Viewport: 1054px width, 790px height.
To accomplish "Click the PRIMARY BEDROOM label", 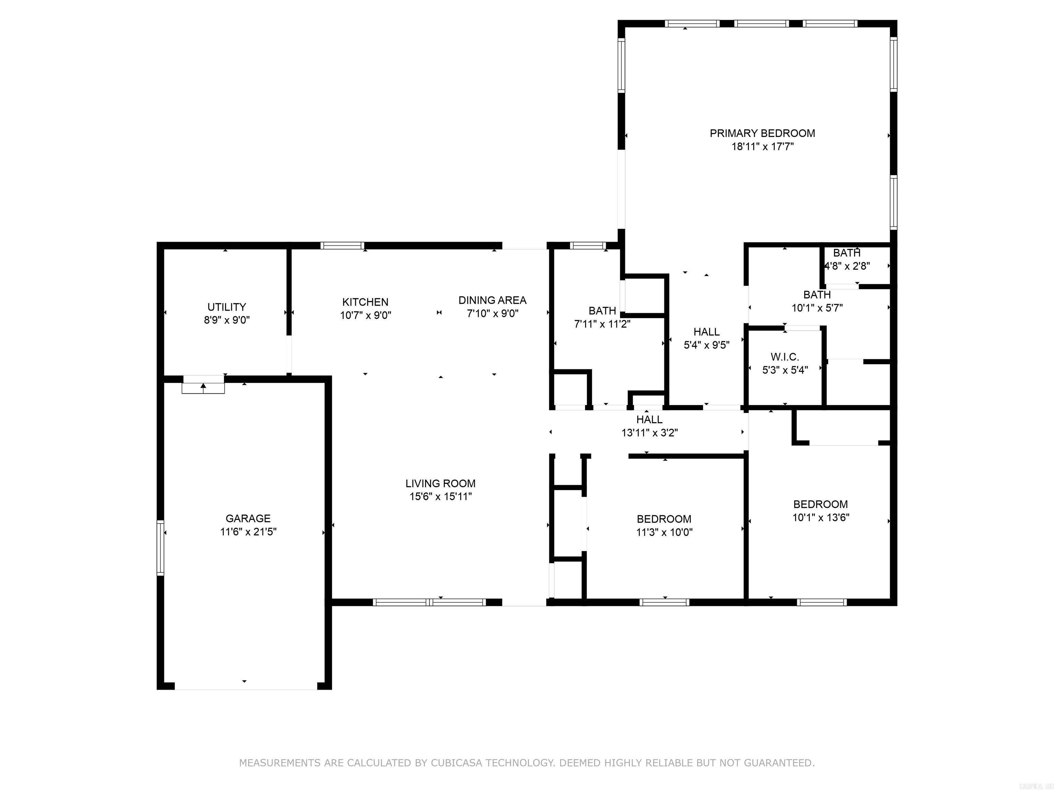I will [x=762, y=133].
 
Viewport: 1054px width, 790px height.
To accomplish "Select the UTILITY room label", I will [x=226, y=307].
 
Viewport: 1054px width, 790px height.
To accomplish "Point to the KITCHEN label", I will [x=365, y=302].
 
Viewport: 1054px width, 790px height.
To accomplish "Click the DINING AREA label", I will [x=492, y=300].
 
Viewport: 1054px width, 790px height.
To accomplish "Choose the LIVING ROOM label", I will [x=440, y=483].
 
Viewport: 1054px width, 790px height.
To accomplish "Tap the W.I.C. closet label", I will [x=784, y=357].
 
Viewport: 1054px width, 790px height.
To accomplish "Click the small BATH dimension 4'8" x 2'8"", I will [x=847, y=266].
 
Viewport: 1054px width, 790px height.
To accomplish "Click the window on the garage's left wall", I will [x=161, y=548].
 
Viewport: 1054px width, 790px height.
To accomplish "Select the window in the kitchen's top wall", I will [x=342, y=246].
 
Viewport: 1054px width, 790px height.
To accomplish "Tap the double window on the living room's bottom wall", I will [x=429, y=602].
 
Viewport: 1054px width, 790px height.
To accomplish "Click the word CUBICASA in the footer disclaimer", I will [x=455, y=763].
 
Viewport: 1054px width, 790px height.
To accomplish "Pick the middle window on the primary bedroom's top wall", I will [x=761, y=23].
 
